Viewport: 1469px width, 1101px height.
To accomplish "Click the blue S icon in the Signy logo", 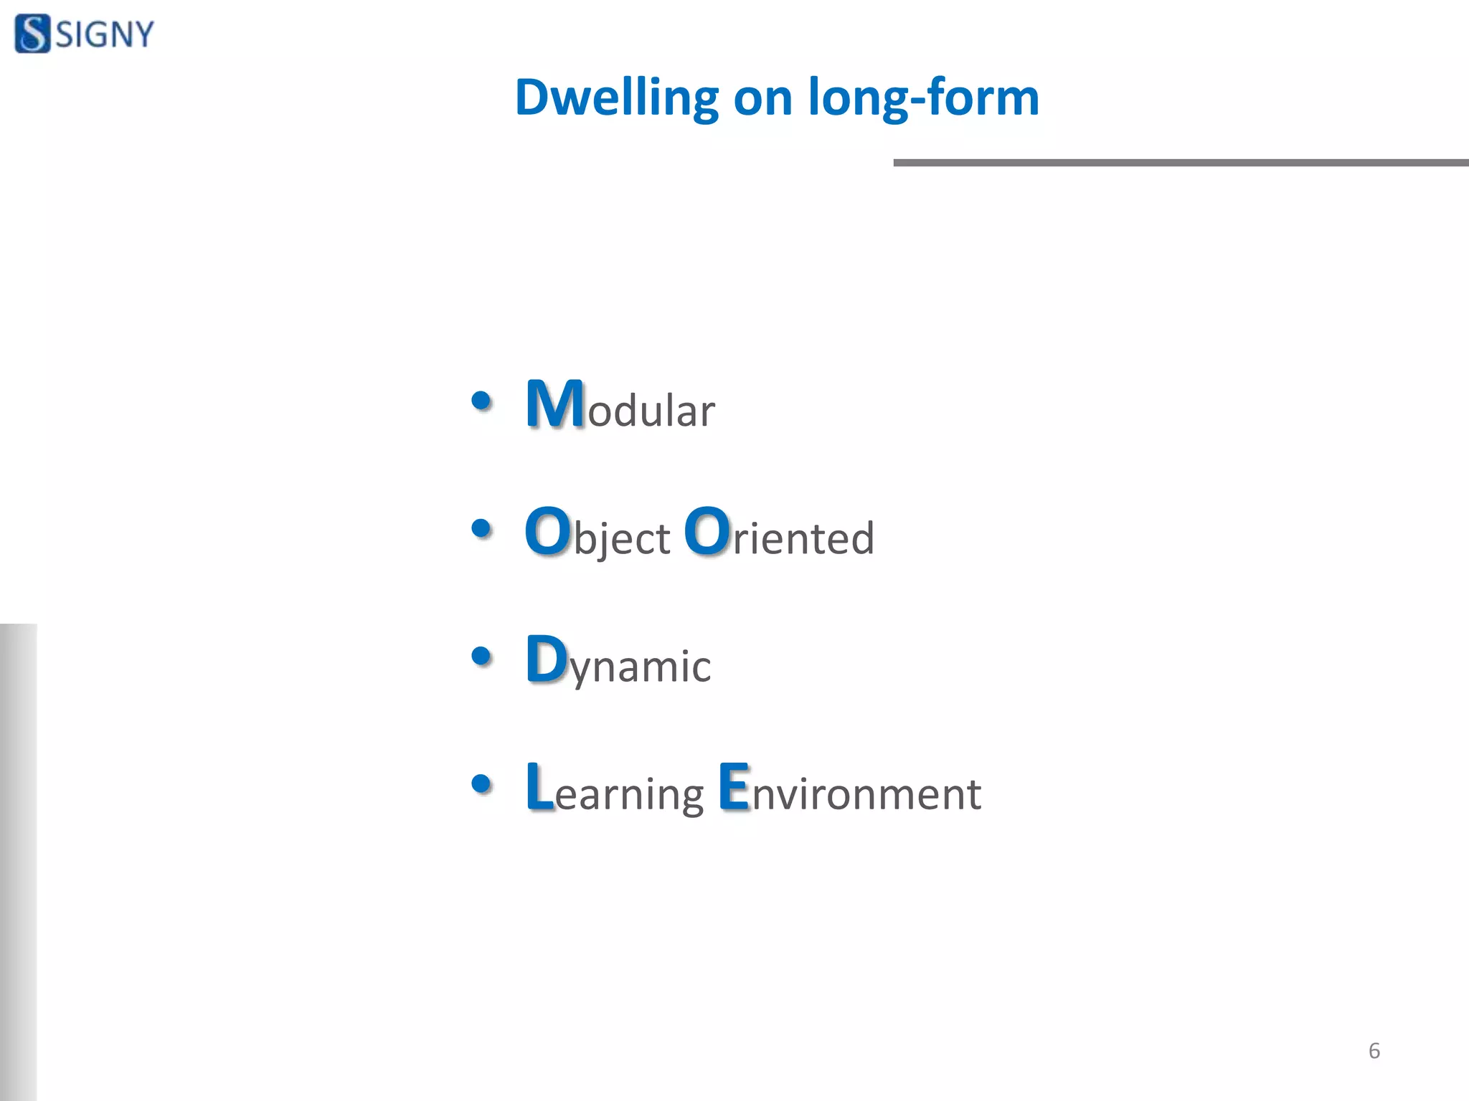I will [x=32, y=34].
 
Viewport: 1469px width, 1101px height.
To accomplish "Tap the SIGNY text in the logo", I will [x=105, y=34].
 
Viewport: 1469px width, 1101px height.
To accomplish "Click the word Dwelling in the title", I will [x=616, y=97].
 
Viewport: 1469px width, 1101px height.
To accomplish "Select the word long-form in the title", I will [x=923, y=97].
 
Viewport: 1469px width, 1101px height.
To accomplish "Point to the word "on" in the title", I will [x=762, y=99].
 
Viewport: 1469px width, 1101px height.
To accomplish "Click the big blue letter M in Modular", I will [x=554, y=404].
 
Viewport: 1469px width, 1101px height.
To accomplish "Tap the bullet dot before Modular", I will [x=481, y=401].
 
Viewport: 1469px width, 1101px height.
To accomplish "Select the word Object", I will [x=597, y=534].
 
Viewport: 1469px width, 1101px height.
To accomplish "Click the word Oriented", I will [x=779, y=534].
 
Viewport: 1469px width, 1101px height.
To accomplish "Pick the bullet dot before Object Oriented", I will [x=481, y=529].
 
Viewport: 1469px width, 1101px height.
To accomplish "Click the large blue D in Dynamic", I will [x=547, y=659].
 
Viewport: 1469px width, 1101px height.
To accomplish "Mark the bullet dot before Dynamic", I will [x=481, y=656].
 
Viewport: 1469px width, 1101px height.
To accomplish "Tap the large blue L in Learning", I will [x=539, y=787].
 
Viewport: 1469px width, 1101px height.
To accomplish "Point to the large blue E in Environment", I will [x=734, y=787].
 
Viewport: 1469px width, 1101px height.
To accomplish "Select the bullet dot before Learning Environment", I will [x=481, y=783].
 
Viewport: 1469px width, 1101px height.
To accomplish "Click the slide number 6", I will [x=1374, y=1051].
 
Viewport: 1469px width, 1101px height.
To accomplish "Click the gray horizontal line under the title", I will [x=1181, y=163].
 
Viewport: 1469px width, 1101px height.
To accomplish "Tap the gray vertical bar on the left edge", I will [x=18, y=860].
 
